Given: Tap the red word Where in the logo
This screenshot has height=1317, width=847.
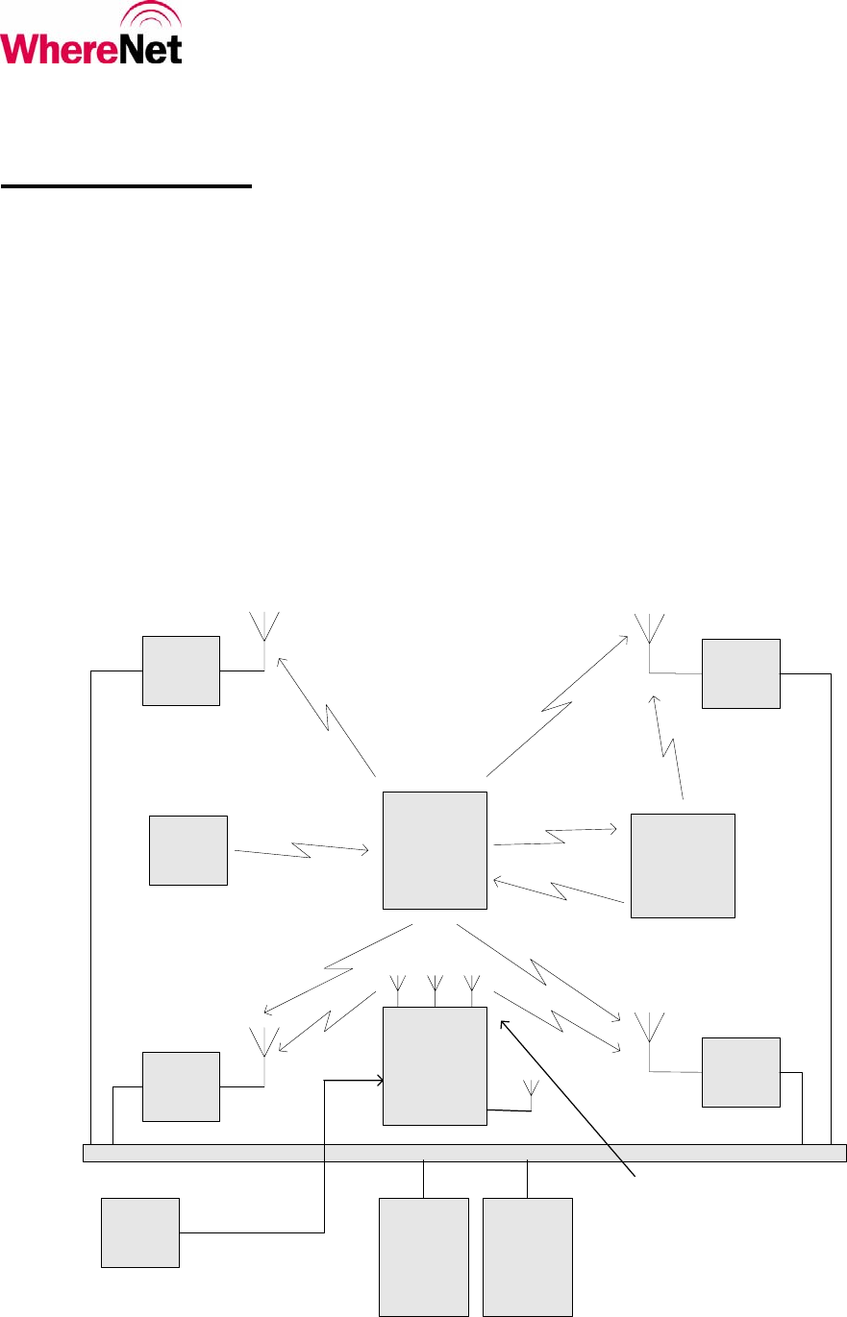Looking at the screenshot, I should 58,47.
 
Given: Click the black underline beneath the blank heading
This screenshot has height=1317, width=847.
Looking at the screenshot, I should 126,188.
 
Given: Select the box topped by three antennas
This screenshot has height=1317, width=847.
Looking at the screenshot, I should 435,1065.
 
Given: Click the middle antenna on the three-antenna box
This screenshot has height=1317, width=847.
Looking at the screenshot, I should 435,987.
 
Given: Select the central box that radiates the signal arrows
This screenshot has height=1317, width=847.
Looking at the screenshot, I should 435,850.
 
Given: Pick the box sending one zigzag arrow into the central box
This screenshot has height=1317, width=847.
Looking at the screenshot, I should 188,850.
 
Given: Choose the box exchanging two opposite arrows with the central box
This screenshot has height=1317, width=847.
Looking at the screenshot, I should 683,866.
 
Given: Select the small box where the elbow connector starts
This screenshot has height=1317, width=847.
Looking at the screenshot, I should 140,1232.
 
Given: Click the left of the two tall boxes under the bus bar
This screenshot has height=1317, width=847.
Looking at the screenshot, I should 424,1256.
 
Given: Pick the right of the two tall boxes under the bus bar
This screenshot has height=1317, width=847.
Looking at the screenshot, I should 527,1256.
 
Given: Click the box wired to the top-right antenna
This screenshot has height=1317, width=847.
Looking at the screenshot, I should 740,673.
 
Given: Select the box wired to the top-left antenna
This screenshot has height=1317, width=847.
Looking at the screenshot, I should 181,671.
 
